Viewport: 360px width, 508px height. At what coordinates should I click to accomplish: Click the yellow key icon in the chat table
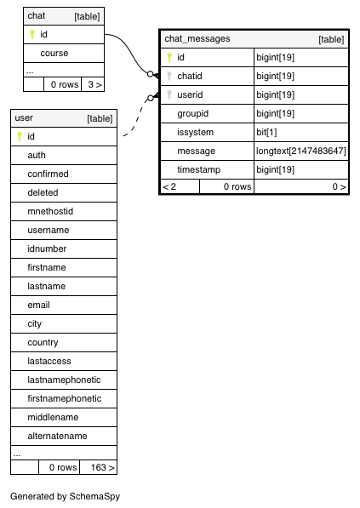tap(32, 34)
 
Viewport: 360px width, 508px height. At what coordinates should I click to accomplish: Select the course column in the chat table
tap(54, 53)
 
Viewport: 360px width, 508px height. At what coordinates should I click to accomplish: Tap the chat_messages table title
tap(197, 38)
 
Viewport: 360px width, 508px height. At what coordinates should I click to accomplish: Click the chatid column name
tap(190, 76)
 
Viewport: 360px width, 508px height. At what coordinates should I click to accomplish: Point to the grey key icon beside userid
tap(169, 94)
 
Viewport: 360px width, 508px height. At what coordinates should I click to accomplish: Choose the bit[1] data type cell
tap(266, 132)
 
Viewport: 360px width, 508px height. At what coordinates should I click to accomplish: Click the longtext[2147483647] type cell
tap(301, 151)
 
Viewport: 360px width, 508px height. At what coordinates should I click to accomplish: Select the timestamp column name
tap(198, 170)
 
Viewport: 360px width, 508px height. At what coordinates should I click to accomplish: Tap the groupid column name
tap(193, 114)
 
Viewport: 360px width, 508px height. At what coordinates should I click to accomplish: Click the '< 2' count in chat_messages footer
tap(169, 186)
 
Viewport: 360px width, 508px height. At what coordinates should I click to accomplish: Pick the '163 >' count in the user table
tap(102, 467)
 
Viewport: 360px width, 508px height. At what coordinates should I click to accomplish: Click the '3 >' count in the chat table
tap(94, 84)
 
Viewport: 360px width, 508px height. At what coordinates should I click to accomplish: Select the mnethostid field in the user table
tap(50, 211)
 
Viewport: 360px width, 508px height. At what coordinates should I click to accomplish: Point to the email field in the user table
tap(38, 305)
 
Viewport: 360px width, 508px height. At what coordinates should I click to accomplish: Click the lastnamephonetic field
tap(64, 380)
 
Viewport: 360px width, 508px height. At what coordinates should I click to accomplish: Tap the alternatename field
tap(57, 436)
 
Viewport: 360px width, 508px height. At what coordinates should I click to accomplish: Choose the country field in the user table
tap(43, 342)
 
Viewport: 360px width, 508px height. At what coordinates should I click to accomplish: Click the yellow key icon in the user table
tap(20, 136)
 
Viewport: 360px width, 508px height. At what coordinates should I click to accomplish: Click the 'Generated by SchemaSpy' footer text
tap(66, 496)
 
